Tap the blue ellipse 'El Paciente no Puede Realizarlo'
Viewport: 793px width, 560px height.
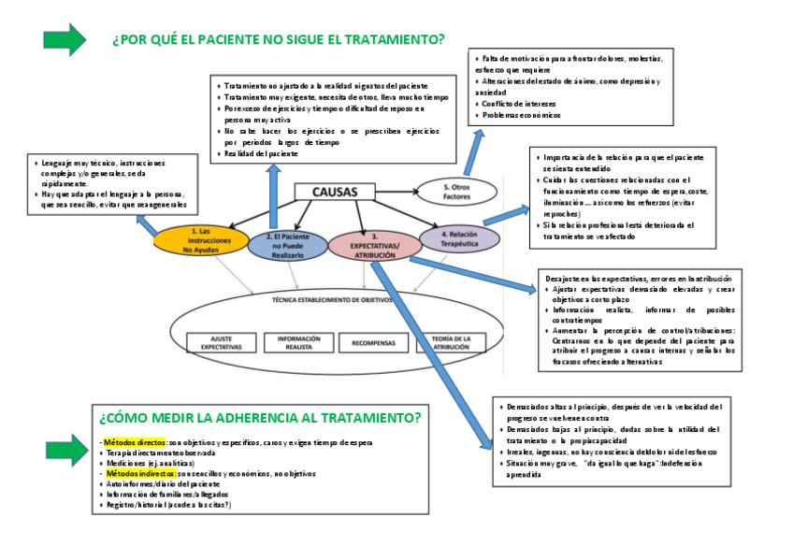[288, 245]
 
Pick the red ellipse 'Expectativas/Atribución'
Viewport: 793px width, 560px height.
[374, 245]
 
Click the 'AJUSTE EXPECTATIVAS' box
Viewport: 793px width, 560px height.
[221, 342]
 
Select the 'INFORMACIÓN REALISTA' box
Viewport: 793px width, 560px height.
[298, 342]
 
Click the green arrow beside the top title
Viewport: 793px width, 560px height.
[65, 39]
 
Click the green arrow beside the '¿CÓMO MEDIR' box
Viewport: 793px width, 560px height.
[65, 450]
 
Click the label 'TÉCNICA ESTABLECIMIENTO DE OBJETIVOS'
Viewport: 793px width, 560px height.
[333, 300]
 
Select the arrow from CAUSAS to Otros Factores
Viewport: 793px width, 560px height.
[393, 192]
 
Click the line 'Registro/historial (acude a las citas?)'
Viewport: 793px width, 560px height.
[168, 505]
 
